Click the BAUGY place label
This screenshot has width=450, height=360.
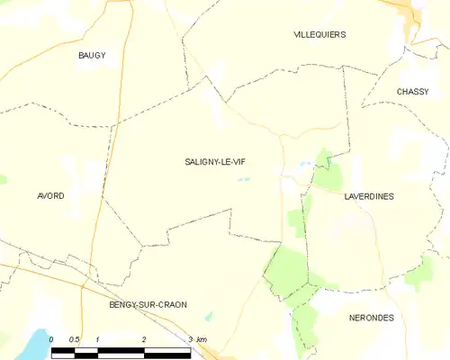point(91,56)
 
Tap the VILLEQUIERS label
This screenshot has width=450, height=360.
point(319,34)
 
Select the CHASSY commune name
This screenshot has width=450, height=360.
point(413,92)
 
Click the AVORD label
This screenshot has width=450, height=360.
point(50,195)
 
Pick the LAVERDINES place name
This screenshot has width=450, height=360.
point(369,195)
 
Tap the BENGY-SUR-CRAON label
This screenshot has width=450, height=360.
point(148,304)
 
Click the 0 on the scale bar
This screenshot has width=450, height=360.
point(51,339)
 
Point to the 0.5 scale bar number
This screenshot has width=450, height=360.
point(73,339)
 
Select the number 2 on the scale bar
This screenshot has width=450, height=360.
point(143,339)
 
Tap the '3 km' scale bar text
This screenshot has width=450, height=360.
point(196,339)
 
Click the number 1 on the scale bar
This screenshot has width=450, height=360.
point(96,339)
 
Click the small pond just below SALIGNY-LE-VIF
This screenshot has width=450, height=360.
point(243,179)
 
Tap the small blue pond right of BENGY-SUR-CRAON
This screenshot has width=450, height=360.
point(209,316)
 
